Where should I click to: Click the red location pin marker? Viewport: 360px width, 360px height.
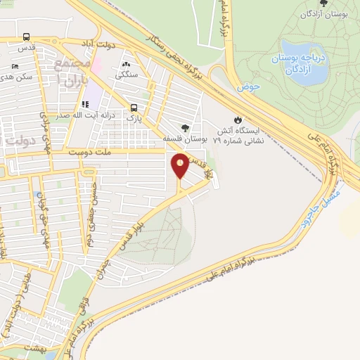pos(181,166)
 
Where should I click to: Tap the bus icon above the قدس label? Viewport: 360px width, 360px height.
pos(26,37)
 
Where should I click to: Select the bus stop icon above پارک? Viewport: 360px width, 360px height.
pos(133,108)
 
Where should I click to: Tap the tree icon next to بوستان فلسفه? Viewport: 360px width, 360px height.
pos(184,127)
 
